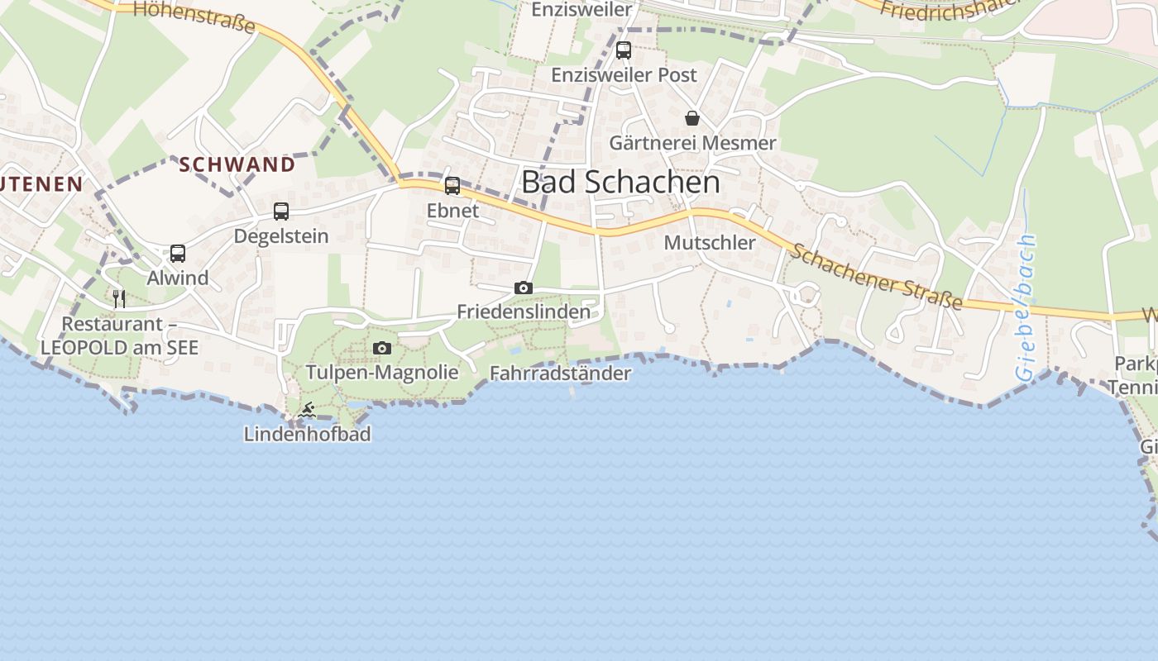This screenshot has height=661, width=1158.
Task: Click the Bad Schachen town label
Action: click(620, 183)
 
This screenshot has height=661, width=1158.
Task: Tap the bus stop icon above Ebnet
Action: click(452, 186)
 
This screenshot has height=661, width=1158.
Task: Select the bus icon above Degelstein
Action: click(281, 212)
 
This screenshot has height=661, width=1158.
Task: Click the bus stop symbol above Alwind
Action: click(178, 254)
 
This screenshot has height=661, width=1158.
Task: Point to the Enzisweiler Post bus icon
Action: click(624, 50)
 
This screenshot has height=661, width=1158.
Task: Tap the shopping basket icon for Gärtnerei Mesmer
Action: click(692, 118)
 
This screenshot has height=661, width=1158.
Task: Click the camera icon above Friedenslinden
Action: click(523, 288)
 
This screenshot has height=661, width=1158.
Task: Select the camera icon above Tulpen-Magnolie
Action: click(381, 348)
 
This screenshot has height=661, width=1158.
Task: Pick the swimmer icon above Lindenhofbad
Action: click(307, 410)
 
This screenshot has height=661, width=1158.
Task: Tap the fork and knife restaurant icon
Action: click(119, 298)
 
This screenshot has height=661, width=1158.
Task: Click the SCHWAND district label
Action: click(237, 164)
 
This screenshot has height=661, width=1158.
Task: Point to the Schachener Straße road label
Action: click(875, 277)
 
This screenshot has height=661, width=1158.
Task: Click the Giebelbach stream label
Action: click(1026, 307)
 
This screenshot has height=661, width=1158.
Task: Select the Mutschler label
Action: click(710, 243)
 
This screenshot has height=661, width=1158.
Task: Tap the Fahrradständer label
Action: click(560, 373)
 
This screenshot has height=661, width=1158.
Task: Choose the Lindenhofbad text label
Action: click(307, 434)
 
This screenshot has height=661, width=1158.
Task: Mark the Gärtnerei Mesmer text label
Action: click(692, 143)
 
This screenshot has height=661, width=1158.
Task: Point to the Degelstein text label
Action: click(281, 236)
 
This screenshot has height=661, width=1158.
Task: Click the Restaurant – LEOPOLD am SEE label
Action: click(119, 335)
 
